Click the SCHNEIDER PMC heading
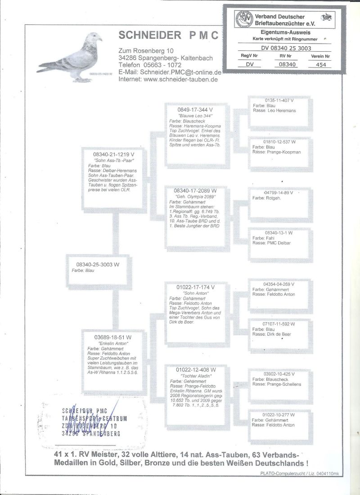point(168,36)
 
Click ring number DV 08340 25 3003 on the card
point(286,48)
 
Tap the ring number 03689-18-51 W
point(113,337)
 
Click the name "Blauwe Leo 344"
point(195,116)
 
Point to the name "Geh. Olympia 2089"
point(195,197)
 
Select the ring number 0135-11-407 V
point(279,100)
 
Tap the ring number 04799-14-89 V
point(279,192)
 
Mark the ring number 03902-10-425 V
point(279,373)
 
